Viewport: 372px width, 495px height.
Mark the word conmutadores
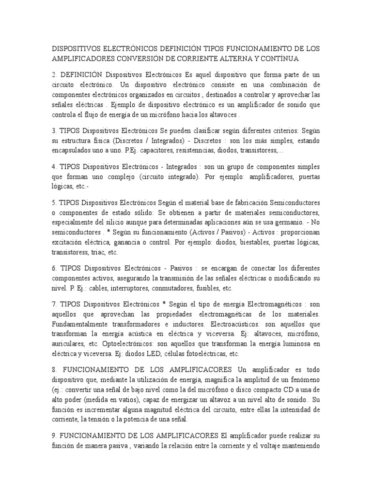pos(173,288)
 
